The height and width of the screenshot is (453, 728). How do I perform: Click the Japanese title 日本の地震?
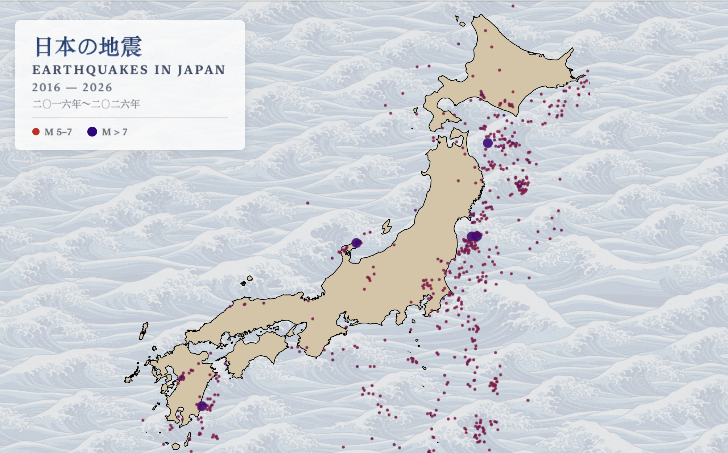[x=88, y=47]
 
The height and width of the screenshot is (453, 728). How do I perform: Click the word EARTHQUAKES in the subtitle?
[x=90, y=70]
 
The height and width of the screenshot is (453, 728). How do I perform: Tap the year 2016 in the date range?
[x=46, y=87]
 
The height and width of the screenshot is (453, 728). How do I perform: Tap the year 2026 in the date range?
[x=97, y=87]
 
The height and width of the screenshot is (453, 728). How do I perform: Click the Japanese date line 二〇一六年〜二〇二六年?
[x=86, y=104]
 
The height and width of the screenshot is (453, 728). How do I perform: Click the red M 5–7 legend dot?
[x=36, y=132]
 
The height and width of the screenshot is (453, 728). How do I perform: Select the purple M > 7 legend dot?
[x=92, y=132]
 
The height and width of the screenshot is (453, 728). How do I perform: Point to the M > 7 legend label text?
[x=115, y=132]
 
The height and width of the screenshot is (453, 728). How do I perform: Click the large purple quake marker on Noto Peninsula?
[x=356, y=243]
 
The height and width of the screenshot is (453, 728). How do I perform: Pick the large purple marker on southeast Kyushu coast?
[x=202, y=406]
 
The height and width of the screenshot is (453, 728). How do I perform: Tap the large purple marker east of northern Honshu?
[x=488, y=143]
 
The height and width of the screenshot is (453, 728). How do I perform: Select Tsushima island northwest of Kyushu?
[x=144, y=331]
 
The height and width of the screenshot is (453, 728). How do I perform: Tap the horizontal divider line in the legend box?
[x=130, y=118]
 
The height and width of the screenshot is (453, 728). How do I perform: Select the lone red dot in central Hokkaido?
[x=499, y=70]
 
